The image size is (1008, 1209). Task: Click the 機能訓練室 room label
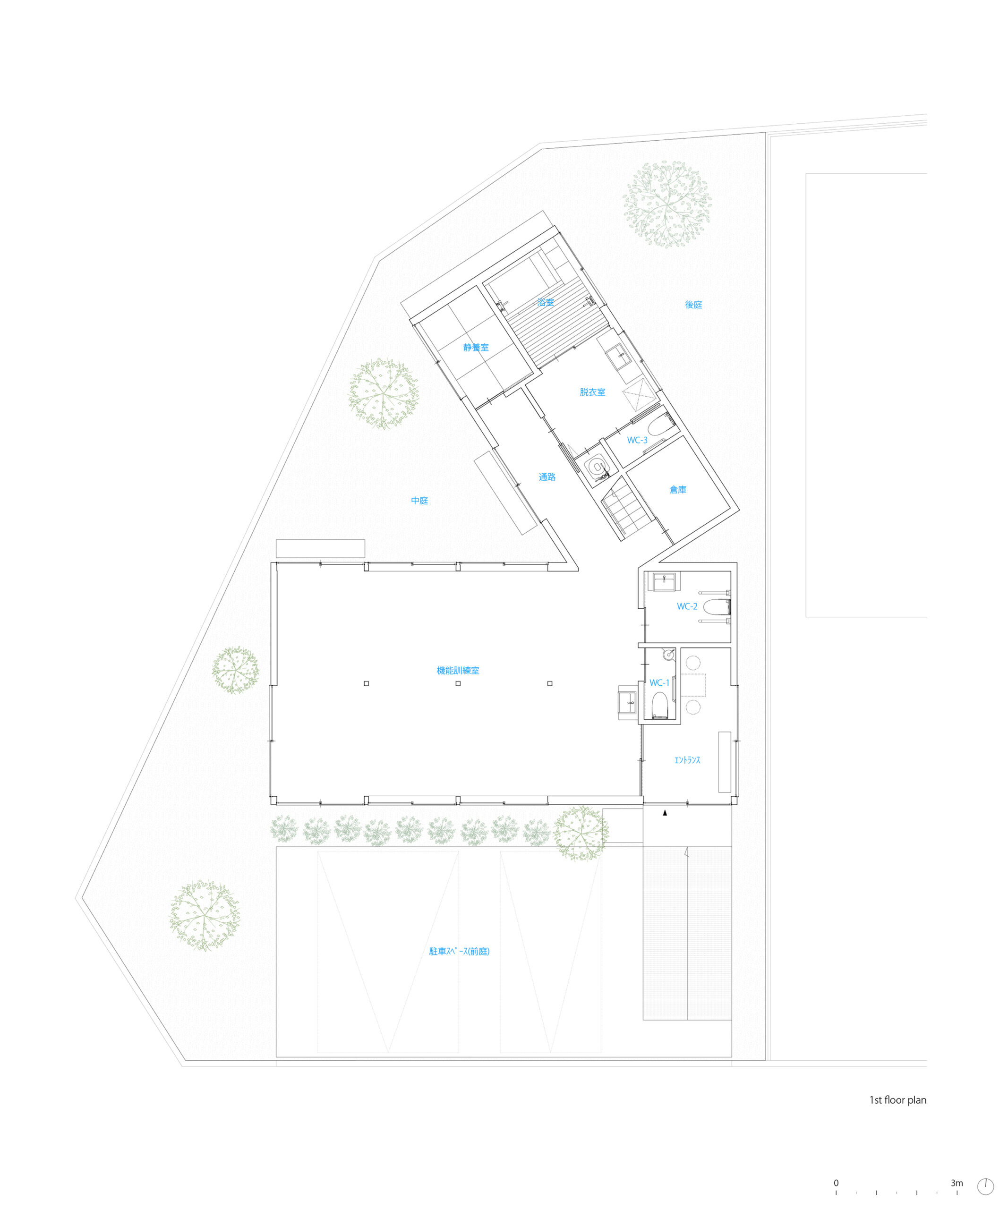click(458, 670)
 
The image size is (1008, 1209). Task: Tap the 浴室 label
click(545, 302)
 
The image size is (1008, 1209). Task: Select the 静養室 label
click(476, 347)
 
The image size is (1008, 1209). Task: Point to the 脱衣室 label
click(592, 392)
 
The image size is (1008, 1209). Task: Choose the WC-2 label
click(687, 606)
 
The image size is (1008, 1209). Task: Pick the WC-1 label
click(660, 683)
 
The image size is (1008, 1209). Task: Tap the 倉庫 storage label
click(678, 489)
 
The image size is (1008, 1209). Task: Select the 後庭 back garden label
click(694, 305)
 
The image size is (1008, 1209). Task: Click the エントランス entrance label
click(687, 760)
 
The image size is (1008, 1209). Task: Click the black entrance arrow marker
click(665, 813)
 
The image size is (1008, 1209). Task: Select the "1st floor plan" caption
click(897, 1100)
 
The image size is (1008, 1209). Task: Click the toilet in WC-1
click(660, 705)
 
